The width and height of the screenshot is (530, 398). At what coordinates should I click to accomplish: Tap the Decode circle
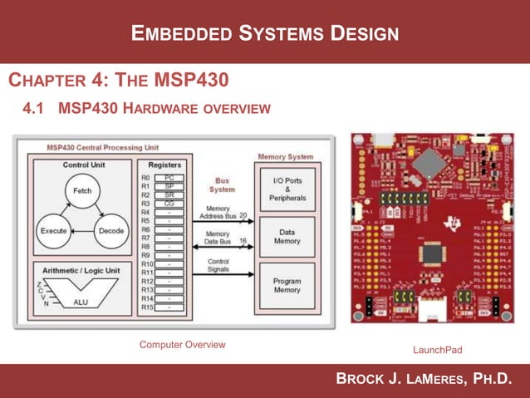coord(110,230)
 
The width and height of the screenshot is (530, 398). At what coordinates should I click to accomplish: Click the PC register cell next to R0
coord(169,177)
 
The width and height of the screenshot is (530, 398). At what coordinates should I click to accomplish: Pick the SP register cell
coord(169,186)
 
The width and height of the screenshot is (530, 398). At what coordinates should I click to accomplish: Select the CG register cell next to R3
coord(169,204)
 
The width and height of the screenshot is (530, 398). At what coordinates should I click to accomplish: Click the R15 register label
coord(147,307)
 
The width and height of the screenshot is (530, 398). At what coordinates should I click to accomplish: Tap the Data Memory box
coord(287,236)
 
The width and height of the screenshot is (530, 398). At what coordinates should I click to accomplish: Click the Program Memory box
coord(287,286)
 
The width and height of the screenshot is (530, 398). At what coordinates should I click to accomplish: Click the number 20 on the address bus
coord(243,215)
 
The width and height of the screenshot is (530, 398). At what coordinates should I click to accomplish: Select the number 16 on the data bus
coord(243,241)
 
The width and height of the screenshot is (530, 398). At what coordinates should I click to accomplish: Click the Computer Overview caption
coord(182,344)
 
